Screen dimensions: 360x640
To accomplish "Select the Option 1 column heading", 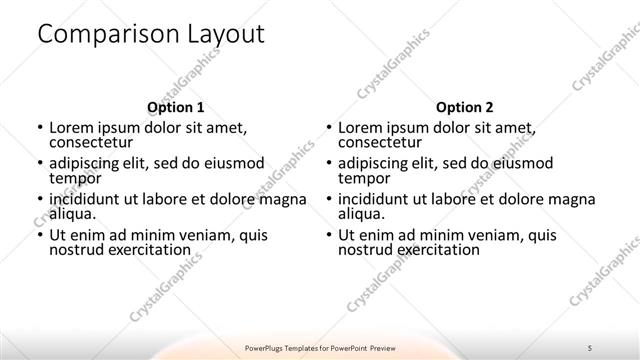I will click(x=176, y=107).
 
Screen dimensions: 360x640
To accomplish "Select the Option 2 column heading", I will click(x=464, y=107).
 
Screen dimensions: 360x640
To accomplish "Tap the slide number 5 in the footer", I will click(x=590, y=347).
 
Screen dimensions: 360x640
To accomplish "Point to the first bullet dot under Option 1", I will click(x=39, y=129).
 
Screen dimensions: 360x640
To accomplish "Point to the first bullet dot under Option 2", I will click(x=327, y=129).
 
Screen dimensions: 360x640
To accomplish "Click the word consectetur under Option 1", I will click(x=92, y=143).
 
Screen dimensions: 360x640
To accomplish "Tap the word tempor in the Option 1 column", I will click(x=75, y=178).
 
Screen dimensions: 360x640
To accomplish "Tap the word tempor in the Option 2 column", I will click(x=363, y=178).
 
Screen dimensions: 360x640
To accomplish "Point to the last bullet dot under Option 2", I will click(x=327, y=236).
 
